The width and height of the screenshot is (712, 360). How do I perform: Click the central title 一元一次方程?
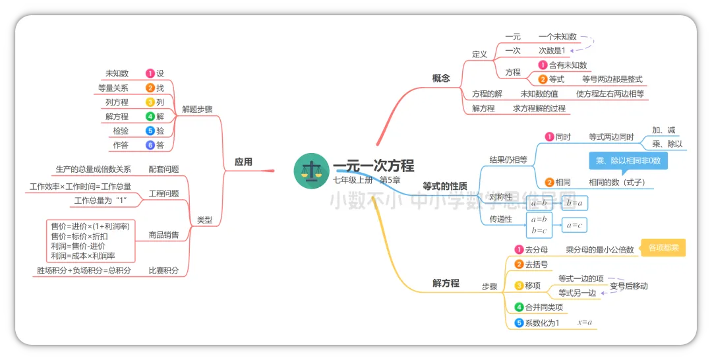tap(373, 166)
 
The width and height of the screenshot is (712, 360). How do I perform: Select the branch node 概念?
tap(441, 78)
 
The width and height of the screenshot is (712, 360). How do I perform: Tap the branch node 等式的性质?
tap(445, 187)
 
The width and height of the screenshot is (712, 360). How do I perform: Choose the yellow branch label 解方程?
tap(446, 283)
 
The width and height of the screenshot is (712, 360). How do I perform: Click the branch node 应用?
tap(243, 162)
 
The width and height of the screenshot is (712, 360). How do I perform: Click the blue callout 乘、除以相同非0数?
tap(628, 160)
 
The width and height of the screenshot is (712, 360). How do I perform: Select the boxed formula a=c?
tap(574, 225)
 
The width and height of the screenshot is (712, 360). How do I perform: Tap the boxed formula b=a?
tap(574, 202)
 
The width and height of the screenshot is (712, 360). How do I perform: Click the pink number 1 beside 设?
tap(150, 73)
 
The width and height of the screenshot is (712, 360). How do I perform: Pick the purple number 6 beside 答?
tap(150, 145)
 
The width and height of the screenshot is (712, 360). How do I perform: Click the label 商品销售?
tap(163, 235)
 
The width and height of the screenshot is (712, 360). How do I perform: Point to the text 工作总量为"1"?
tap(100, 200)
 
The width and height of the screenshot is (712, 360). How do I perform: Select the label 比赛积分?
tap(163, 270)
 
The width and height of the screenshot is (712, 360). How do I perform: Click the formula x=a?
tap(585, 322)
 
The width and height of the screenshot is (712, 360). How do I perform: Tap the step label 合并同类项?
tap(544, 307)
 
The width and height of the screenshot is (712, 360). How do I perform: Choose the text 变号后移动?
tap(628, 285)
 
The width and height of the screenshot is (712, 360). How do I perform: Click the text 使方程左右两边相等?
tap(610, 94)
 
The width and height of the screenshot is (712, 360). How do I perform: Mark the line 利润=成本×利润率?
tap(83, 256)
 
